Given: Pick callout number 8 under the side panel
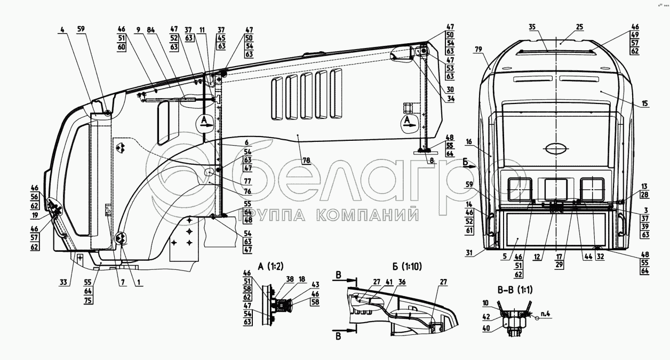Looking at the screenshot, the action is (430, 159).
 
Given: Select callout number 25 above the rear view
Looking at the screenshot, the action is (564, 27).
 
